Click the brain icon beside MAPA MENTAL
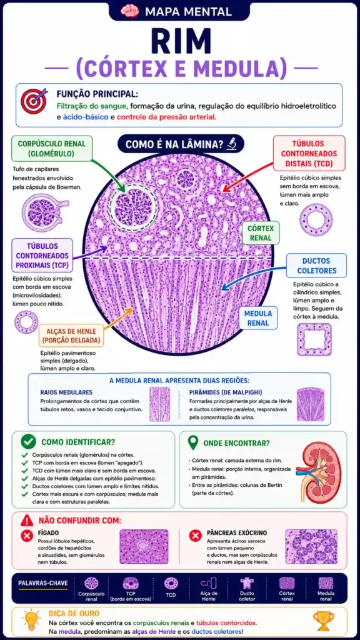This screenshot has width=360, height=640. coord(130,11)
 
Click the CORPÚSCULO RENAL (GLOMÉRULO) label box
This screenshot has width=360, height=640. coord(52,149)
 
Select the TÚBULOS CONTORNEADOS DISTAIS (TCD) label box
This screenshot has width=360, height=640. coord(308,154)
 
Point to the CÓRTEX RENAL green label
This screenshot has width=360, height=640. coord(261,233)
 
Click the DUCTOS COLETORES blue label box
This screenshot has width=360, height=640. coord(316,265)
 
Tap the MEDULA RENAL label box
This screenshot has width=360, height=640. coord(259,318)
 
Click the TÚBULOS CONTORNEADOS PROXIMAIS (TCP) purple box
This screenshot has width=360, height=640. coord(42,256)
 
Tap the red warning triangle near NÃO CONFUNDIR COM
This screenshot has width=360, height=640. coord(27,521)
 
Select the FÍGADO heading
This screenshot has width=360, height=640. coord(48,532)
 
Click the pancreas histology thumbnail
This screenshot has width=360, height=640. coord(311,546)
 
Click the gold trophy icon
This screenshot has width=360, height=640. coord(323,621)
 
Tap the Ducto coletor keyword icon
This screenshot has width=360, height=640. coord(247,583)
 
